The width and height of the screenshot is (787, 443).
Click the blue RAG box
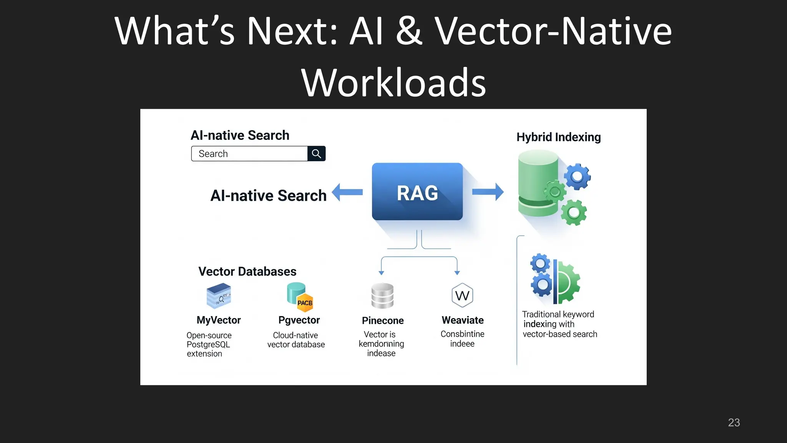tap(417, 192)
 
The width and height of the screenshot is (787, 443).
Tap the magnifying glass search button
tap(316, 154)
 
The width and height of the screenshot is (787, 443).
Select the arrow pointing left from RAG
tap(347, 192)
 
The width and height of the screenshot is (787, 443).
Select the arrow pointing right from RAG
tap(488, 192)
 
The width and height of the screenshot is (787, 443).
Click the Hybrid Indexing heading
tap(558, 137)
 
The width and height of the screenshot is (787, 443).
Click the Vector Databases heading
tap(247, 271)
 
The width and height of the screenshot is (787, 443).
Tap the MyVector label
tap(219, 320)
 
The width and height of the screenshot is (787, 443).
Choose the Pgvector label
tap(299, 320)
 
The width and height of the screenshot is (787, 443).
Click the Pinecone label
tap(383, 320)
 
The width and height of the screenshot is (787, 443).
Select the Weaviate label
tap(463, 320)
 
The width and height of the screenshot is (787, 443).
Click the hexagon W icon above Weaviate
tap(462, 295)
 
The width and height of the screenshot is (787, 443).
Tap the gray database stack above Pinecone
tap(382, 296)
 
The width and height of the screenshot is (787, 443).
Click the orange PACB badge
tap(305, 303)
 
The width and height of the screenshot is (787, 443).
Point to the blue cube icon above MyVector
tap(219, 296)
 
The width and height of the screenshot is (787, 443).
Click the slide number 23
tap(734, 423)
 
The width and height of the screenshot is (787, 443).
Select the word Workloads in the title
tap(393, 83)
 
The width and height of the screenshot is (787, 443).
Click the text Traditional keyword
tap(558, 314)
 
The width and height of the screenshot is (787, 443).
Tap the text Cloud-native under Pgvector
tap(295, 335)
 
